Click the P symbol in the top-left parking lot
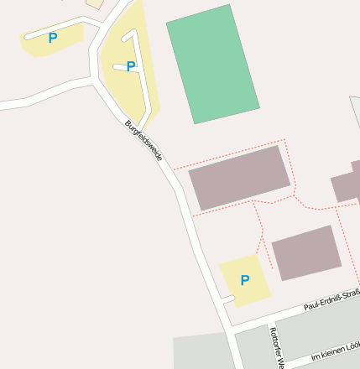click(53, 38)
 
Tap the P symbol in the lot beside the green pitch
click(131, 66)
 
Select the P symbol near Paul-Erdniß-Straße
click(244, 280)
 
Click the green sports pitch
click(213, 64)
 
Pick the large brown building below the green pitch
click(240, 178)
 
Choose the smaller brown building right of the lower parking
click(306, 252)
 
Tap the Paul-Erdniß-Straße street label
click(332, 299)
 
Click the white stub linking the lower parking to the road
click(227, 298)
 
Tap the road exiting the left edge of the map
click(17, 103)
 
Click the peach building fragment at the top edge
click(95, 3)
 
